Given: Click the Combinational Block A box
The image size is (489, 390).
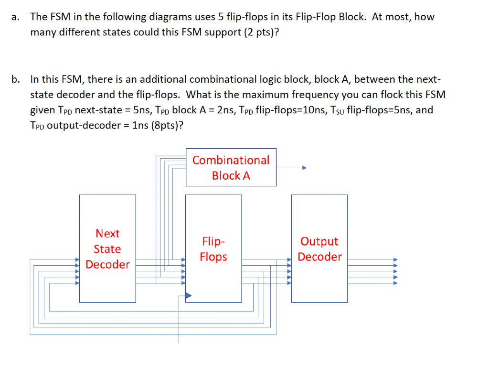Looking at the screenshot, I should tap(231, 167).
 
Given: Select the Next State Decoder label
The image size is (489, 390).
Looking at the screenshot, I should tap(107, 249).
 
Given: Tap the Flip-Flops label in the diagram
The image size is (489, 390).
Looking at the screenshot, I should tap(213, 249).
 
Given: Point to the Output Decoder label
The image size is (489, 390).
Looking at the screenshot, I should tap(319, 249).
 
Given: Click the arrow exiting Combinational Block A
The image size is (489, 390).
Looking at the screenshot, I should tap(291, 168).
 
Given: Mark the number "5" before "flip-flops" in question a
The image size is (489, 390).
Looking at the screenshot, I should tap(221, 17).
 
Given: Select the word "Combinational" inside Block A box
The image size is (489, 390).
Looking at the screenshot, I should tap(231, 160).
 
